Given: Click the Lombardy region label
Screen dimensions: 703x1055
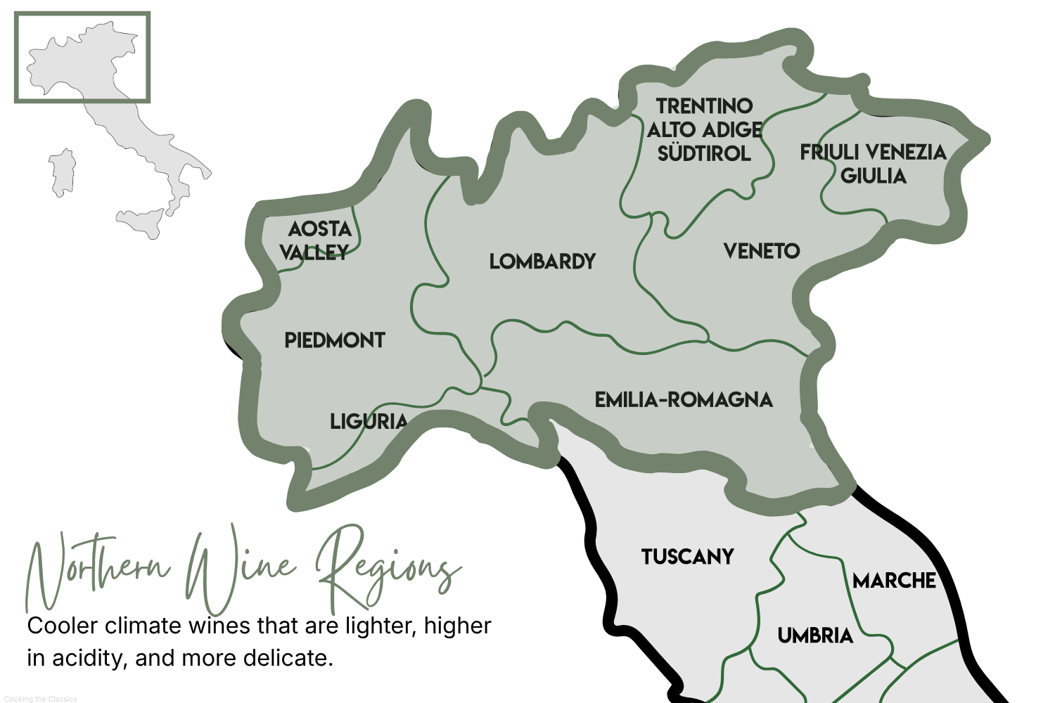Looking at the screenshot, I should coord(542,262).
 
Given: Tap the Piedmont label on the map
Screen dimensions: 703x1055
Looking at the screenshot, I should coord(335,340).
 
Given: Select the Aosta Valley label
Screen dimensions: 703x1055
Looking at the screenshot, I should coord(316,240).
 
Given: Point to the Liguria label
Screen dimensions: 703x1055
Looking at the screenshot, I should coord(369,421).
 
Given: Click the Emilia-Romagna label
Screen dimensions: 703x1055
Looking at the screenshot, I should coord(684,400).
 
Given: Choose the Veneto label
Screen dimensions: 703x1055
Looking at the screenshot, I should coord(762,251).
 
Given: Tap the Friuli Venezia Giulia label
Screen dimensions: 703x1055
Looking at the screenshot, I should coord(873,164).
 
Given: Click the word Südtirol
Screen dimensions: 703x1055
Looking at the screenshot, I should coord(704,153).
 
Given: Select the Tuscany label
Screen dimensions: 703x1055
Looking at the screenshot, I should coord(687,557).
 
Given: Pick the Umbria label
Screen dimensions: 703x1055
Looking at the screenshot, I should coord(815,636).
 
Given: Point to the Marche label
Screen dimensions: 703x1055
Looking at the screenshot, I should coord(894,581).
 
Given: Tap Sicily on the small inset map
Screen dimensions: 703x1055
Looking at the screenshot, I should coord(141,221).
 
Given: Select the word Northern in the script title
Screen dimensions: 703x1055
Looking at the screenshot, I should coord(98,569).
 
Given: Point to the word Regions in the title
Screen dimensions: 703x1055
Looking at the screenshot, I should coord(387,569).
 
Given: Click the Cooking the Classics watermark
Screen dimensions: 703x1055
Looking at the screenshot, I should coord(40,699).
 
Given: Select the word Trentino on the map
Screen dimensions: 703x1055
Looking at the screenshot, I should coord(704,106).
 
